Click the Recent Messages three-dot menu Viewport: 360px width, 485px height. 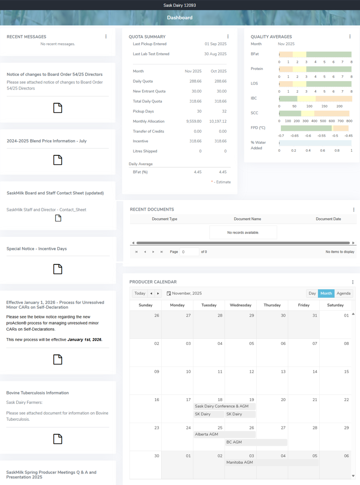tap(106, 36)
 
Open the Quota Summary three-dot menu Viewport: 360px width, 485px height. tap(228, 36)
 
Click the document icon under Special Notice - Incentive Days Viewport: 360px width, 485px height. tap(58, 269)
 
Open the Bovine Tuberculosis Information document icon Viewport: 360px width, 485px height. tap(58, 438)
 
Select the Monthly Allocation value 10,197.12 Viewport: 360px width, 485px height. tap(217, 121)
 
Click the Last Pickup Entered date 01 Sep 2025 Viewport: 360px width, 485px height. tap(216, 44)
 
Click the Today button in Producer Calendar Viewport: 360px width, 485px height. tap(140, 293)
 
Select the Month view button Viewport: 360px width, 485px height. tap(326, 293)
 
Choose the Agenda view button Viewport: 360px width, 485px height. tap(343, 293)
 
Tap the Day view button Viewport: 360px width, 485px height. tap(312, 293)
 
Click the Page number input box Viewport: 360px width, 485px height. tap(190, 252)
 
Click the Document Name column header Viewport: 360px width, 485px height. tap(247, 219)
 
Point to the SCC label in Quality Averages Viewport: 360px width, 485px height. tap(254, 113)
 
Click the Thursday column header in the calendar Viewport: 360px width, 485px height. tap(272, 305)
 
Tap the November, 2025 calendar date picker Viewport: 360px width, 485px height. tap(184, 293)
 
